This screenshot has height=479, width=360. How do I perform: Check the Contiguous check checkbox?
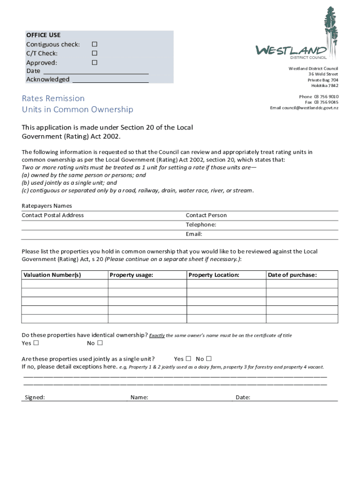tap(94, 44)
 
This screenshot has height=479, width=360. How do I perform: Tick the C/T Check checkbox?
tap(94, 53)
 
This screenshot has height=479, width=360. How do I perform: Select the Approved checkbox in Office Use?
tap(94, 62)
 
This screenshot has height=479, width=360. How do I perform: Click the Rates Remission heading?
tap(53, 98)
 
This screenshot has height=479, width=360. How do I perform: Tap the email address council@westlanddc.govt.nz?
tap(304, 108)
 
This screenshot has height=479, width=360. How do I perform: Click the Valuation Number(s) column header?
tap(52, 275)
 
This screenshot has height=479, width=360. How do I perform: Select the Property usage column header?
tap(131, 275)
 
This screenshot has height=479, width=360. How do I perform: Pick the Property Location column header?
tap(214, 275)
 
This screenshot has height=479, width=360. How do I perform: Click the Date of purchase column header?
tap(292, 275)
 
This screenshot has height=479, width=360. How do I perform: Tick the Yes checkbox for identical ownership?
tap(36, 343)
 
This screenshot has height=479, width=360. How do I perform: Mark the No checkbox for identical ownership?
tap(100, 343)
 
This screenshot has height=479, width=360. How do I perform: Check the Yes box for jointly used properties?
tap(188, 359)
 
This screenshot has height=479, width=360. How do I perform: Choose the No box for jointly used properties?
tap(209, 359)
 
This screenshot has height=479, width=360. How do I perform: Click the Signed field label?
tap(35, 398)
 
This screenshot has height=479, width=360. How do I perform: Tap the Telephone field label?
tap(201, 225)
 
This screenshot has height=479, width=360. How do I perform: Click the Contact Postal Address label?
tap(53, 215)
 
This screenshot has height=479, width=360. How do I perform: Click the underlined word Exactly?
tap(157, 335)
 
